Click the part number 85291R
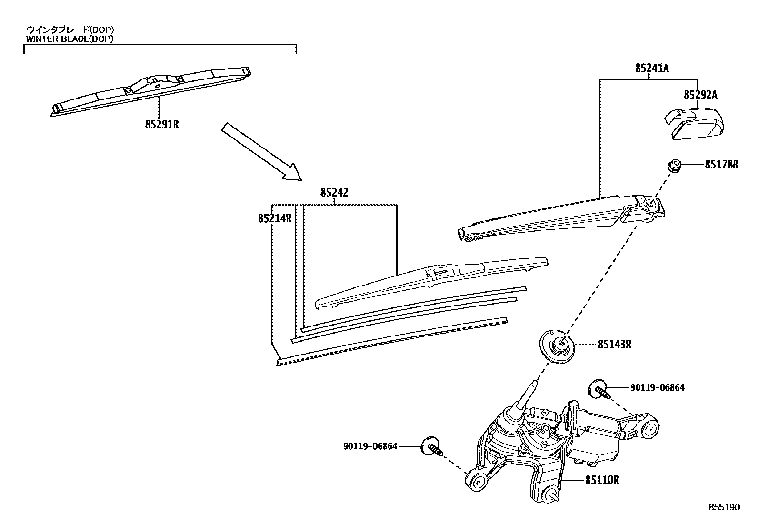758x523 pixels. pos(162,125)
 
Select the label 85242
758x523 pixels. pos(334,193)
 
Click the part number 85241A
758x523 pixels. pos(651,68)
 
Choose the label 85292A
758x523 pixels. pos(700,95)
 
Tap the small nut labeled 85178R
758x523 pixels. pos(674,166)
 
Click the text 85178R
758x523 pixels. pos(721,165)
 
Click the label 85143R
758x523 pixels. pos(614,345)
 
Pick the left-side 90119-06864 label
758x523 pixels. pos(370,446)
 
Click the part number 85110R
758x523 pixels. pos(602,480)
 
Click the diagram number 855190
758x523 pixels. pos(724,507)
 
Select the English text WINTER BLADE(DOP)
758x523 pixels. pos(70,39)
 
